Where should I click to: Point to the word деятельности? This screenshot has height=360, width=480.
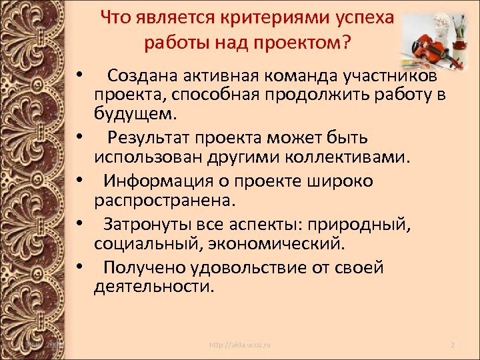click(155, 287)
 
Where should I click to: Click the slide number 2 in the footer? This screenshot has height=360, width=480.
click(451, 345)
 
